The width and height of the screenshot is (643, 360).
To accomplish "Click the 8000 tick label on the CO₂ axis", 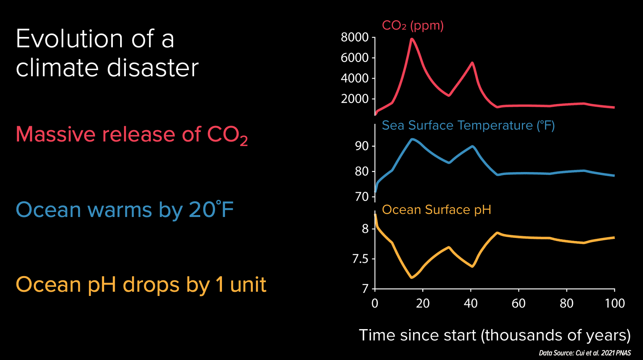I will [x=354, y=37].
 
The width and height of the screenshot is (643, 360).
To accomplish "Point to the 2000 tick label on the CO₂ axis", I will [x=354, y=99].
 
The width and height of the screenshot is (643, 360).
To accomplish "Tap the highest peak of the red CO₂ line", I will [x=412, y=39].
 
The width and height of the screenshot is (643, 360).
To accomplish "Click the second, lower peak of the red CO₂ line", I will [x=472, y=63].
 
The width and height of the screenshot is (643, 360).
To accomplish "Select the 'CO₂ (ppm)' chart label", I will [x=413, y=26].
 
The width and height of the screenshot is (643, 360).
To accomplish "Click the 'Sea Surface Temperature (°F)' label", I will [x=468, y=125].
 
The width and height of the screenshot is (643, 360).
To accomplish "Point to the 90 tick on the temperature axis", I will [x=362, y=146].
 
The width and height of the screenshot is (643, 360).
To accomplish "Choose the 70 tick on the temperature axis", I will [x=362, y=197].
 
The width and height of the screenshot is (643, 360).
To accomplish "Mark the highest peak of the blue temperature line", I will [x=412, y=140].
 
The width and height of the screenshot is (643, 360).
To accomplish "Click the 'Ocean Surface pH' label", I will [x=436, y=210].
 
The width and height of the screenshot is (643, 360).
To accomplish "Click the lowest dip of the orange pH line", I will [x=412, y=277].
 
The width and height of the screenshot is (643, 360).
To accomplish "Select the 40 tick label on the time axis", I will [x=471, y=304].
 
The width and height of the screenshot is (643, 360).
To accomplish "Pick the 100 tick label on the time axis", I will [x=614, y=304].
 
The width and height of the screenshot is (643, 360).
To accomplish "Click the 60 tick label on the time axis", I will [x=518, y=304].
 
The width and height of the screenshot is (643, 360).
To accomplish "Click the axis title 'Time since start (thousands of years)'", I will [x=495, y=335].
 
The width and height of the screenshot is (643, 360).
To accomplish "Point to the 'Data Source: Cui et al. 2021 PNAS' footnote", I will [x=585, y=353].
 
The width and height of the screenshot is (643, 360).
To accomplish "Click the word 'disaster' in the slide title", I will [x=153, y=68].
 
